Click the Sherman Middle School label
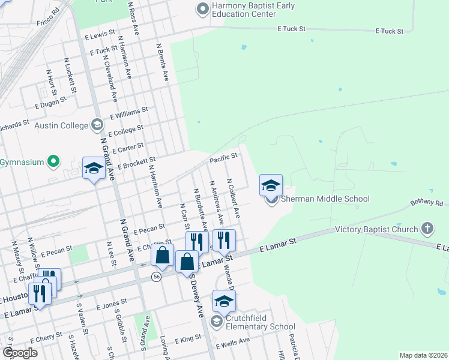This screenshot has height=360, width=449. click(x=325, y=199)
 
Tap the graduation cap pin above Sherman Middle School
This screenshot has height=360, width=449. click(x=271, y=185)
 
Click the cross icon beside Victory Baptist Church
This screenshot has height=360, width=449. click(x=427, y=229)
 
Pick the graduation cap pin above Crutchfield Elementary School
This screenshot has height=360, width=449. click(x=224, y=302)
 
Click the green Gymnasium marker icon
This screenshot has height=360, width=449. click(x=53, y=161)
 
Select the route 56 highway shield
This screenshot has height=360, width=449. click(x=157, y=276)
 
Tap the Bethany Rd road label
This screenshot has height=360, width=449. click(x=429, y=203)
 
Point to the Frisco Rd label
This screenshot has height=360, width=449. click(x=47, y=11)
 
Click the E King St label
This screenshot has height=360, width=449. click(x=188, y=339)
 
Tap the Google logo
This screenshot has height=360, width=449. click(x=20, y=353)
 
